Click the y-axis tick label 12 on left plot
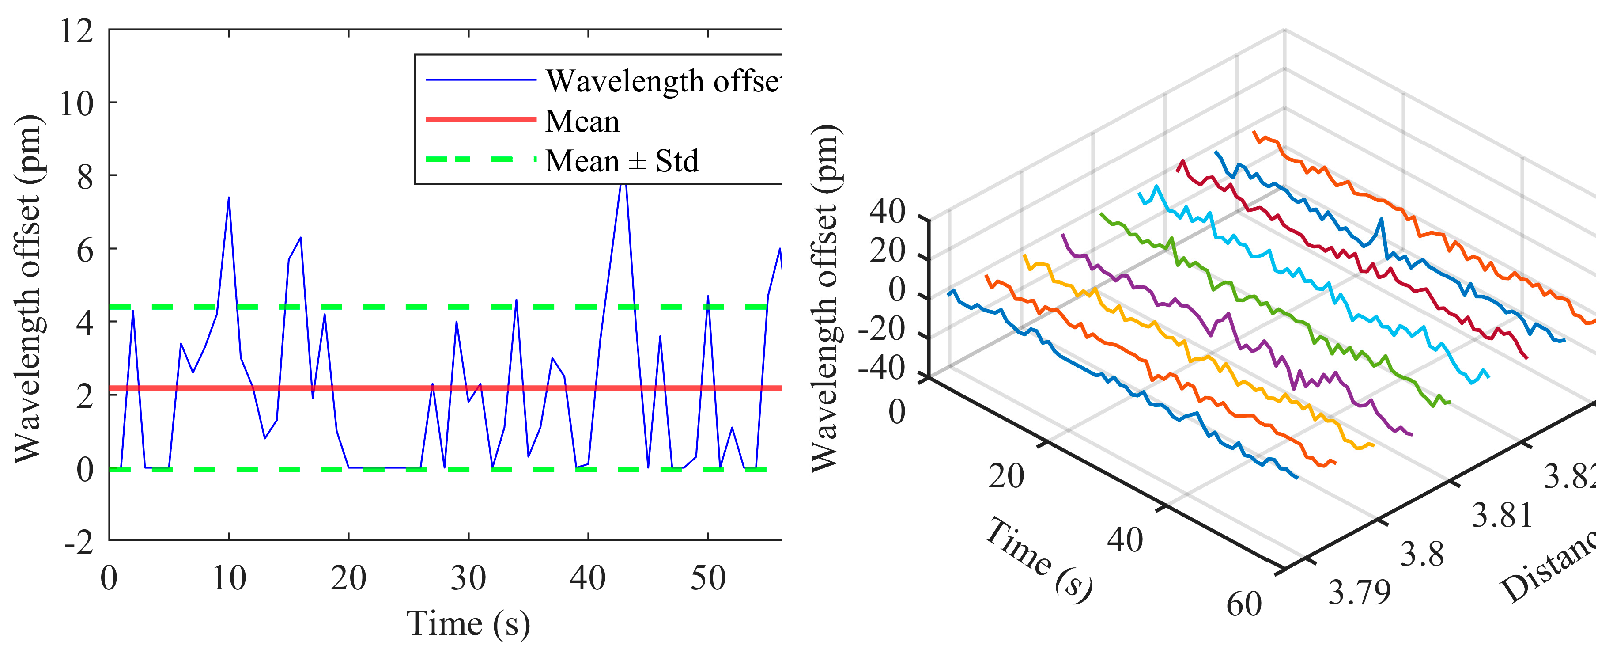[76, 30]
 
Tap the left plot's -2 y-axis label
[78, 541]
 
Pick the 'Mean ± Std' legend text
[621, 161]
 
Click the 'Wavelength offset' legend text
[662, 81]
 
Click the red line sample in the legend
[480, 119]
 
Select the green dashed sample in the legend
[480, 159]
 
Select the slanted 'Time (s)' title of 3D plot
[1038, 559]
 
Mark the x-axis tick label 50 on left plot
[707, 577]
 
